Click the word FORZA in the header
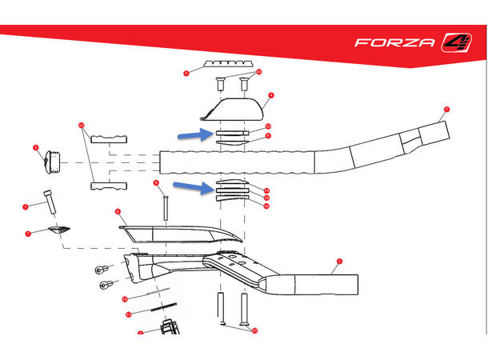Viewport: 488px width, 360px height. (394, 42)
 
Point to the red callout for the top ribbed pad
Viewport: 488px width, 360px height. (186, 73)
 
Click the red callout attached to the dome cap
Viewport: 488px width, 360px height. (271, 96)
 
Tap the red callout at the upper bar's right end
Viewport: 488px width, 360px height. (446, 108)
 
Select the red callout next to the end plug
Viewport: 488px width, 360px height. (36, 148)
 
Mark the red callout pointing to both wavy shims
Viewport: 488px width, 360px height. (82, 125)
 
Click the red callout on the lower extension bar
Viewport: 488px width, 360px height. (339, 261)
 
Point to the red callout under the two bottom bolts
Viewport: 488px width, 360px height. (254, 330)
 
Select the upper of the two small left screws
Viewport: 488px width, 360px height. (102, 270)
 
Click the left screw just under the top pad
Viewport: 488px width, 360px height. (219, 81)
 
